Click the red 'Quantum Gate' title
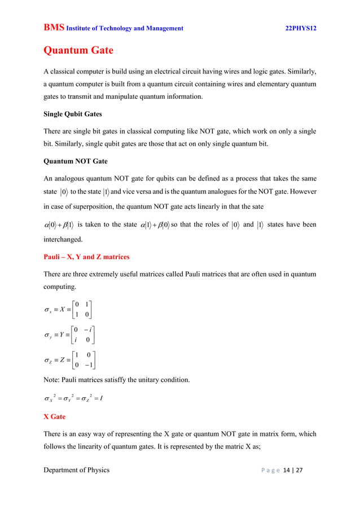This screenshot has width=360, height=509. (x=78, y=51)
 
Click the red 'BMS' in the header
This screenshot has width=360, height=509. (x=54, y=28)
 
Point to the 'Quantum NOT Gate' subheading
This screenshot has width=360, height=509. (x=76, y=161)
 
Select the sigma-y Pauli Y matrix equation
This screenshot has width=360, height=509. (x=69, y=333)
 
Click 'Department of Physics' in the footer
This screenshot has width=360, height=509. (x=76, y=469)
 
